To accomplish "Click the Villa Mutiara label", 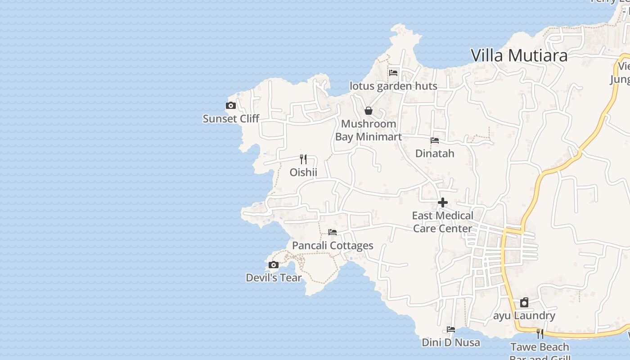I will click(x=519, y=55).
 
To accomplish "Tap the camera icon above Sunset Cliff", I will click(x=231, y=106).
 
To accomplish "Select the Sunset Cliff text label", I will click(x=231, y=119).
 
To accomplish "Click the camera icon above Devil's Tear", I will click(x=274, y=265).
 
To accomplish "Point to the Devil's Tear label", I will click(x=274, y=278).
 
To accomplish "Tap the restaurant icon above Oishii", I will click(x=303, y=159).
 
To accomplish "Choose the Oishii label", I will click(x=303, y=172).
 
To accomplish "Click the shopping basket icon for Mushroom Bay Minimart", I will click(x=369, y=111).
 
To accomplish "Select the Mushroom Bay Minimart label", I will click(x=369, y=130).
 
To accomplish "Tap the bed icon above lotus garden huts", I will click(x=393, y=73).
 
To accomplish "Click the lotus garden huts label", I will click(x=393, y=86).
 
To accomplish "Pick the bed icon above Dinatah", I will click(x=435, y=140).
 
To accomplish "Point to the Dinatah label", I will click(x=435, y=153).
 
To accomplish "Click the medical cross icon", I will click(x=443, y=202).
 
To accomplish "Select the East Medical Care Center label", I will click(x=443, y=222).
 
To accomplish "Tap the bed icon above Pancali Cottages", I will click(x=333, y=232).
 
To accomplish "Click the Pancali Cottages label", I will click(x=333, y=245).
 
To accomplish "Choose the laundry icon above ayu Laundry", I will click(x=524, y=302).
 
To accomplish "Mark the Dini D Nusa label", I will click(x=451, y=342).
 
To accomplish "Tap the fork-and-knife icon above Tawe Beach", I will click(x=540, y=334).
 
